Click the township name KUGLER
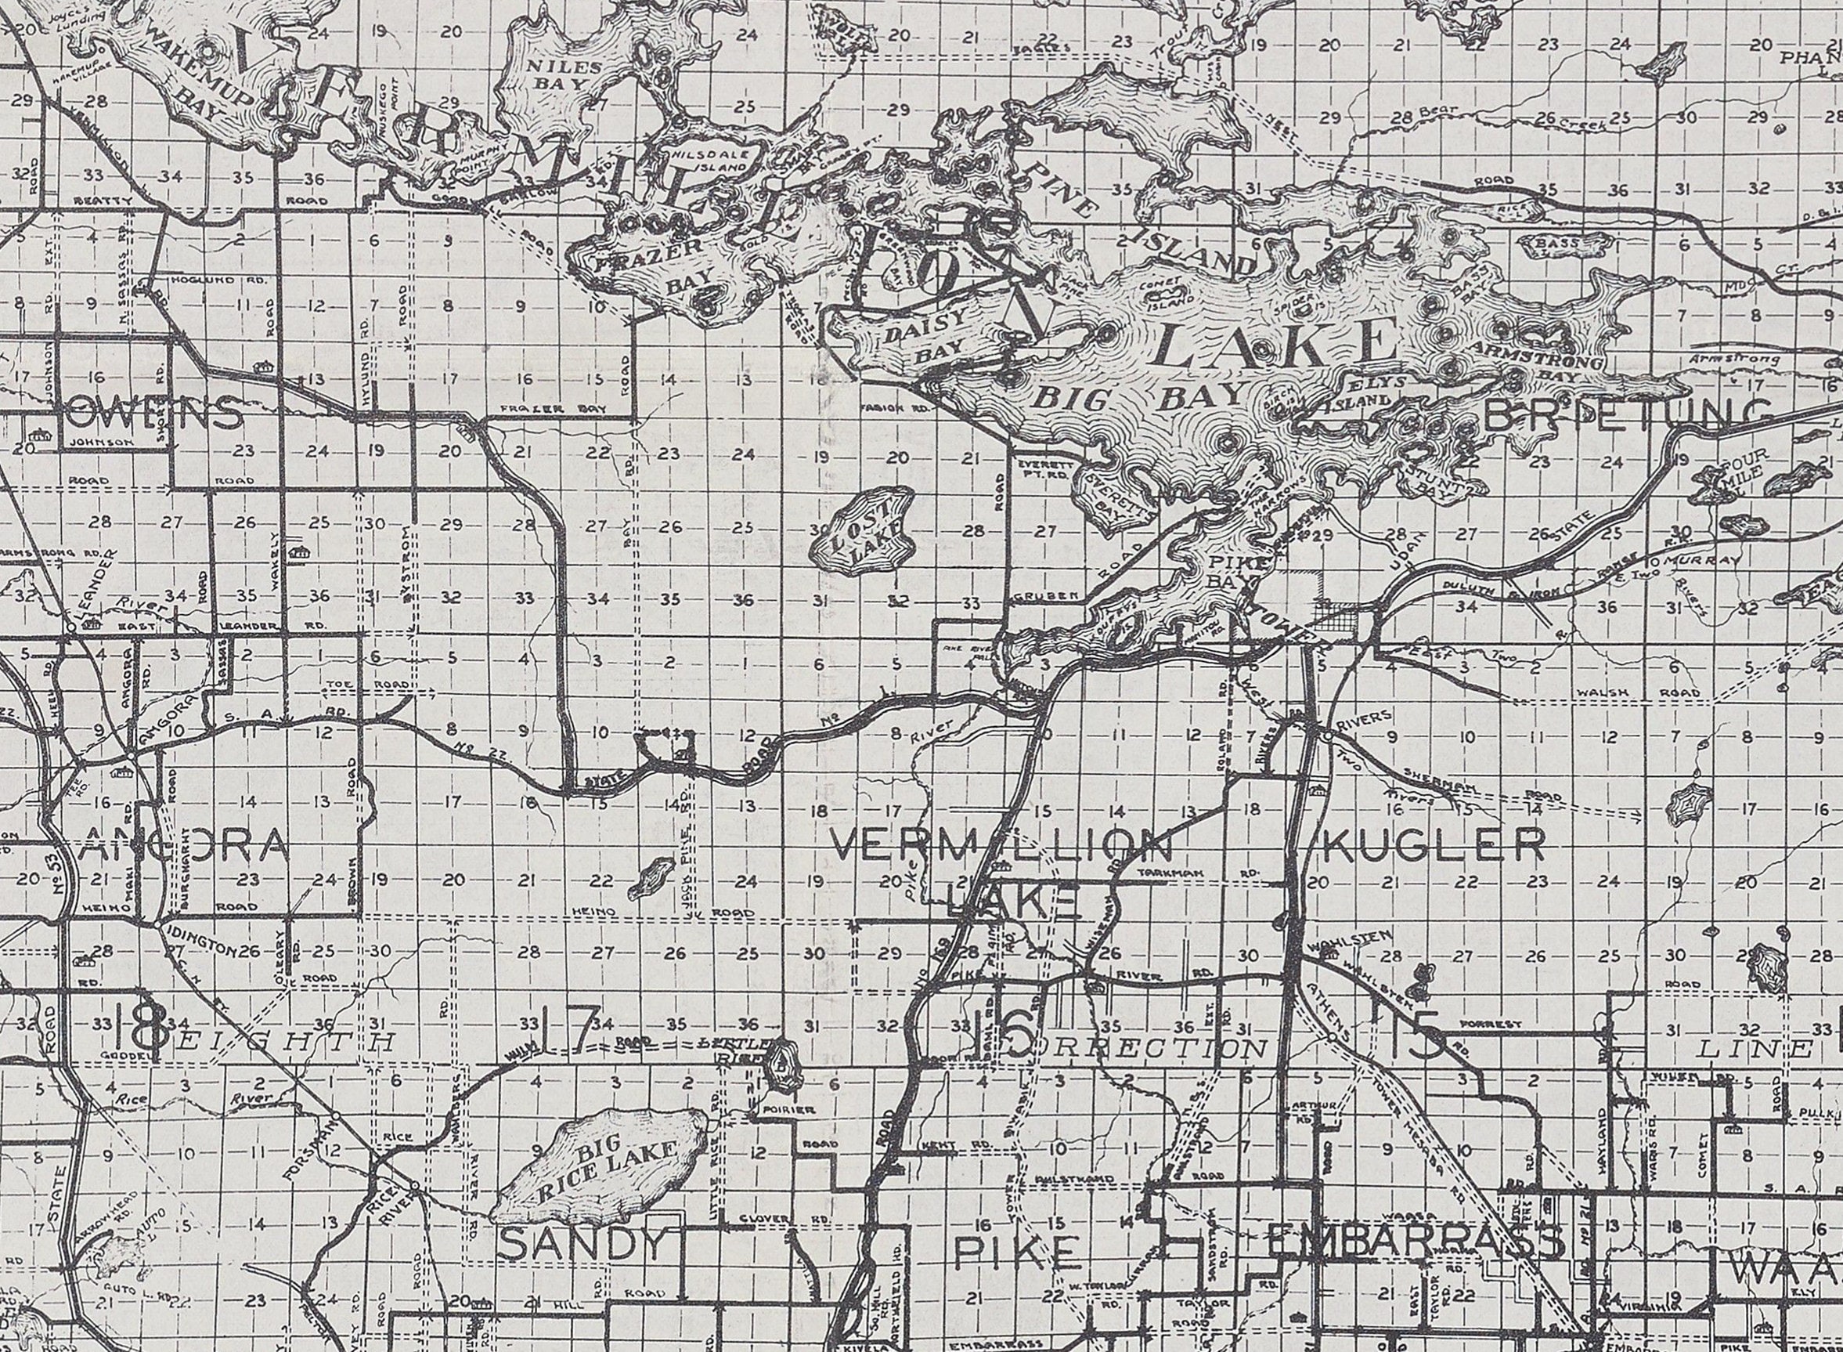click(1432, 844)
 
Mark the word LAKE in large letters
click(1277, 345)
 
